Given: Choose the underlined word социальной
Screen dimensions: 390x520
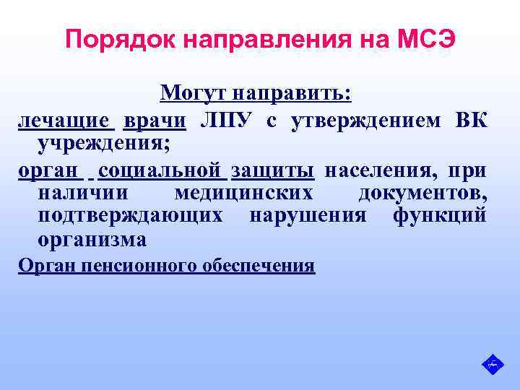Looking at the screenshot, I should (161, 171).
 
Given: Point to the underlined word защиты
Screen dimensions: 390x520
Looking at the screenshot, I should (272, 171).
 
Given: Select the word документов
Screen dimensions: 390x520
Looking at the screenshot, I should (422, 194).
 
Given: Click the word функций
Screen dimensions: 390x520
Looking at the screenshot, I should (439, 216).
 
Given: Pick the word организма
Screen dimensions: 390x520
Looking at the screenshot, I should (92, 238).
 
